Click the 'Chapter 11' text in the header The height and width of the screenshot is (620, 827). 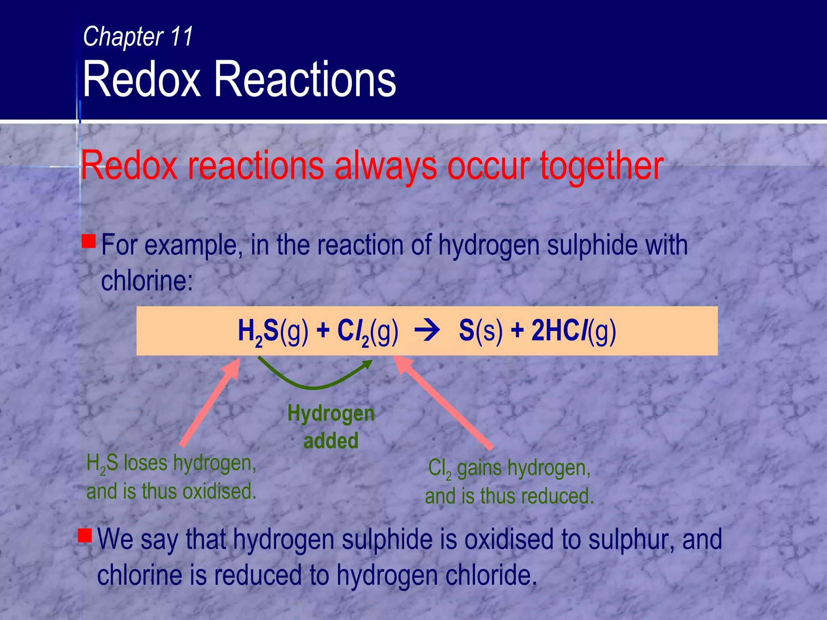tap(138, 36)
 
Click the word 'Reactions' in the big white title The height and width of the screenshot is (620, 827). tap(305, 79)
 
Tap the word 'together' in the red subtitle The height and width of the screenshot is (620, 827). tap(602, 165)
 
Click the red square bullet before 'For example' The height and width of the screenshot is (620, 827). tap(88, 241)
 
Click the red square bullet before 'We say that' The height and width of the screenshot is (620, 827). tap(85, 536)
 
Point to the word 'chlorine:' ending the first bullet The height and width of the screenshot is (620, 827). tap(147, 281)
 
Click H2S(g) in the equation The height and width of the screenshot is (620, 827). tap(273, 332)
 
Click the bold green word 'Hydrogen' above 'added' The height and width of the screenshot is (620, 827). tap(331, 414)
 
